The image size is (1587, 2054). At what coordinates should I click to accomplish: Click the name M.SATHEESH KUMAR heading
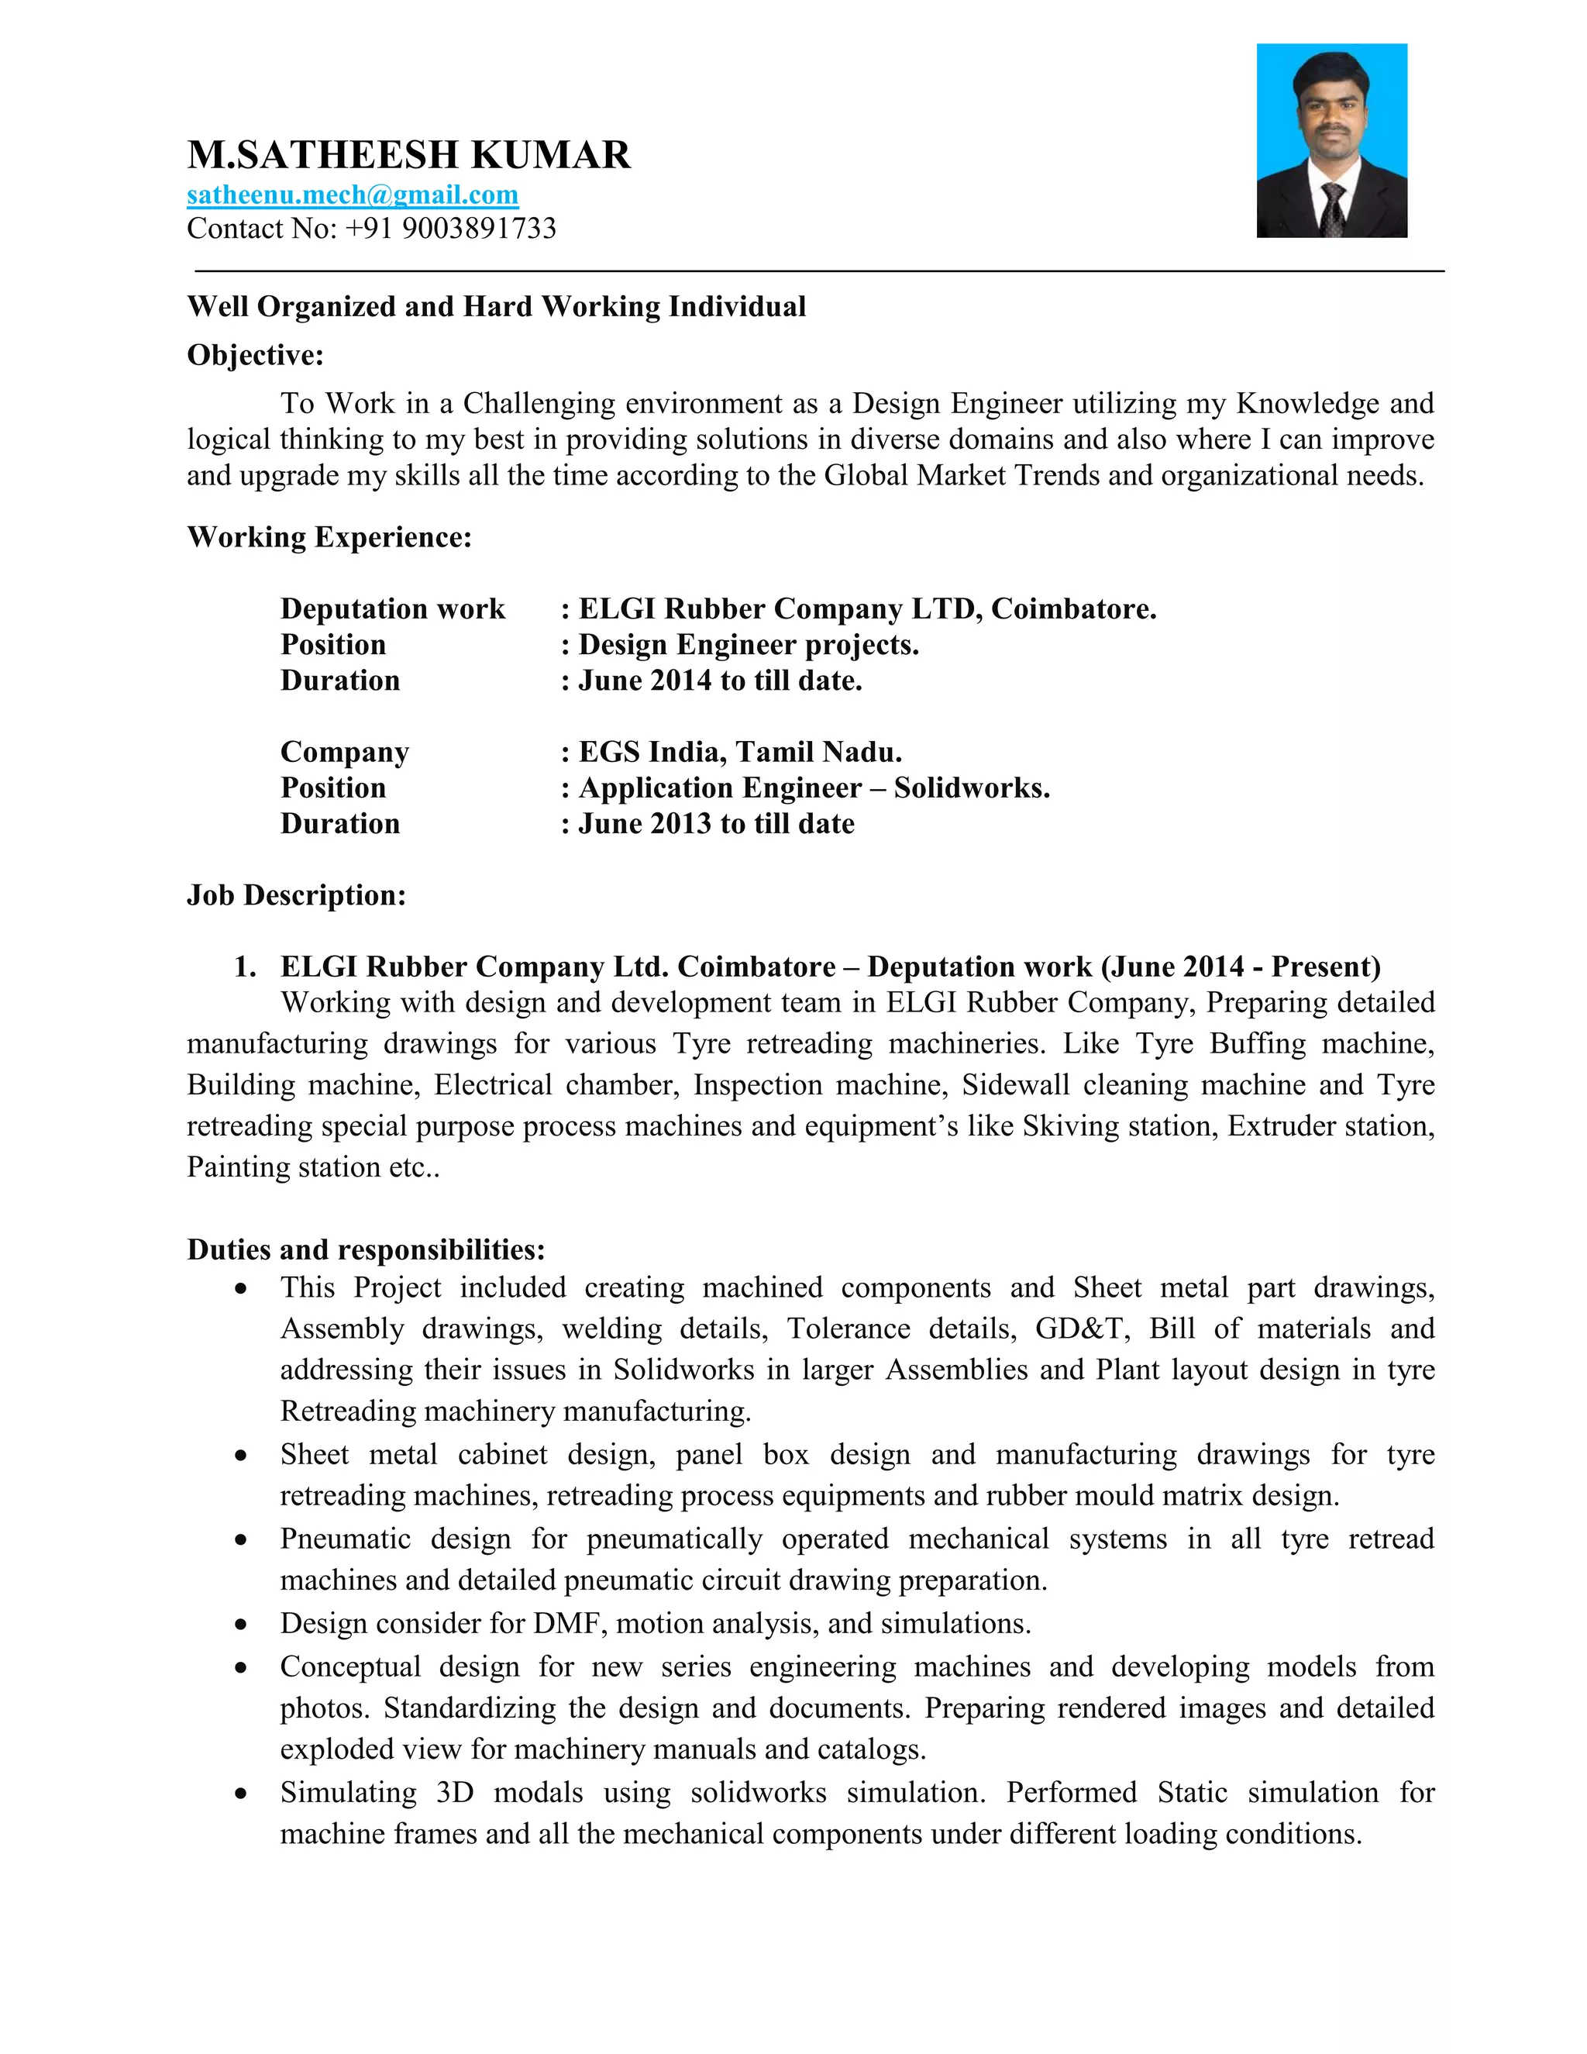[x=409, y=155]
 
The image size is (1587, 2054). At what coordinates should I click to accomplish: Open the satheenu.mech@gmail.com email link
[x=353, y=195]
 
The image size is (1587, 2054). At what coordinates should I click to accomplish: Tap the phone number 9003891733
[x=479, y=229]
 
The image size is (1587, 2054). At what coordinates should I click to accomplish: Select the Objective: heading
[x=255, y=356]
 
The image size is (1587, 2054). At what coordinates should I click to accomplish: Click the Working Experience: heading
[x=329, y=537]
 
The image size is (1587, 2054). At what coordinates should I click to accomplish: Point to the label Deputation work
[x=392, y=608]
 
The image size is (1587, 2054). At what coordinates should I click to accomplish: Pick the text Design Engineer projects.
[x=749, y=645]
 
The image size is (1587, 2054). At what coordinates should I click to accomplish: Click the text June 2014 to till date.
[x=720, y=681]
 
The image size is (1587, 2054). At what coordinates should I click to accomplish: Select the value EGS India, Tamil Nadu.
[x=740, y=753]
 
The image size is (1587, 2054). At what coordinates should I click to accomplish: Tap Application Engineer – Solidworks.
[x=814, y=788]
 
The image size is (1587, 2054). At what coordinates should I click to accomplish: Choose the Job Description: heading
[x=296, y=895]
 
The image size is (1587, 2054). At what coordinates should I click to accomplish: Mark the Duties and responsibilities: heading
[x=366, y=1250]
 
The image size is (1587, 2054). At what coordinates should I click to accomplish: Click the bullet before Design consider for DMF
[x=242, y=1624]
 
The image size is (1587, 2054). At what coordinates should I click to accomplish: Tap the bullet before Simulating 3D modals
[x=242, y=1794]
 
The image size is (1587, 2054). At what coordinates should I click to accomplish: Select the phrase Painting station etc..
[x=312, y=1167]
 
